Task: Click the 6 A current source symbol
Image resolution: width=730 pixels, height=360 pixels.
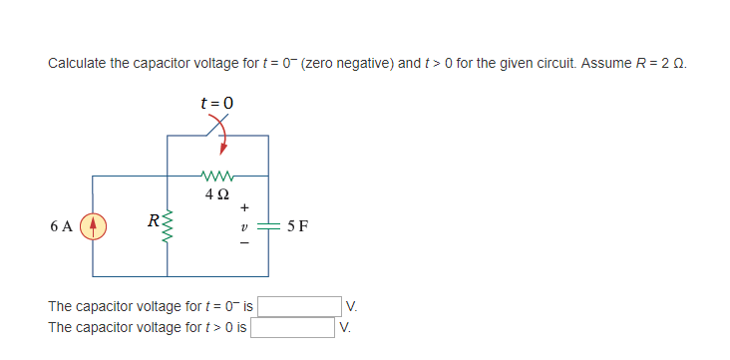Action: coord(94,225)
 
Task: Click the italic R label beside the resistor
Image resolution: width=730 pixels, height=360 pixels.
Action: coord(152,220)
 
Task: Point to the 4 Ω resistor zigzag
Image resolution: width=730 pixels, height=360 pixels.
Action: coord(217,174)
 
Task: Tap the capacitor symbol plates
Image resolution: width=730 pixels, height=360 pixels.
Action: coord(268,225)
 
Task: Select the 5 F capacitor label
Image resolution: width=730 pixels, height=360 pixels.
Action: coord(296,226)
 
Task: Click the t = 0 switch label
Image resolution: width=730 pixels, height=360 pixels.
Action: coord(217,102)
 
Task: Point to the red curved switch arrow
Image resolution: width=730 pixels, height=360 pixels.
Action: coord(224,139)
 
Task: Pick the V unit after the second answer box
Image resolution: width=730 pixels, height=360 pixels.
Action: coord(344,326)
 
